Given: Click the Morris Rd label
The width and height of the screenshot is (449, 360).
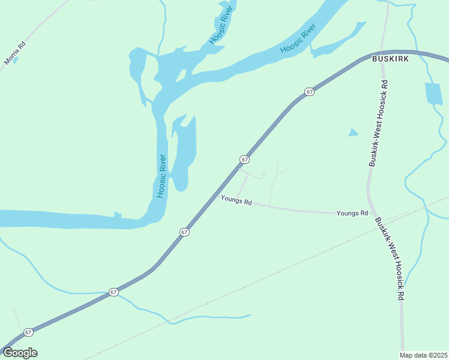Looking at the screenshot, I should pyautogui.click(x=15, y=53).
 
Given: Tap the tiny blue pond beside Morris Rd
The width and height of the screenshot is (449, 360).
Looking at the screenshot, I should pyautogui.click(x=15, y=59).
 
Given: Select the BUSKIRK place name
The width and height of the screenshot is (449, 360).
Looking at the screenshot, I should pyautogui.click(x=391, y=59).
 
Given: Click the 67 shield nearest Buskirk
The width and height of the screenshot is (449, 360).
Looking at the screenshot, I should pyautogui.click(x=309, y=92).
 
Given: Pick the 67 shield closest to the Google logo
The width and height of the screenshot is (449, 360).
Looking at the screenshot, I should pyautogui.click(x=28, y=332).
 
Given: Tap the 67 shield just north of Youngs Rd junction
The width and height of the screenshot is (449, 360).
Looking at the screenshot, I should pyautogui.click(x=244, y=160).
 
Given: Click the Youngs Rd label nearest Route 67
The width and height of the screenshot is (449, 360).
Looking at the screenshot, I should pyautogui.click(x=236, y=200).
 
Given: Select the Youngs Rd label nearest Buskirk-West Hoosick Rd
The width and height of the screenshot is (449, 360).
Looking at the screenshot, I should pyautogui.click(x=352, y=213).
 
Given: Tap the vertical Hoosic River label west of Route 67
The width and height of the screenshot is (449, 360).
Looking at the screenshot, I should pyautogui.click(x=161, y=176).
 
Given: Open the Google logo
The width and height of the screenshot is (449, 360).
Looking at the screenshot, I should pyautogui.click(x=20, y=353).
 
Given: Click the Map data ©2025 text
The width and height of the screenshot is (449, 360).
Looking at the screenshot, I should pyautogui.click(x=424, y=355).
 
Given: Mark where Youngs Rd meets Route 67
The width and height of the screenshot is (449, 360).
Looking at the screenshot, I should pyautogui.click(x=217, y=195).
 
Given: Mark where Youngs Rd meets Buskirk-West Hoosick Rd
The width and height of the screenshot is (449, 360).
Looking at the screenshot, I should pyautogui.click(x=373, y=214).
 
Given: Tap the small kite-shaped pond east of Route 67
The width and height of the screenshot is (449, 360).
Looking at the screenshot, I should pyautogui.click(x=353, y=133).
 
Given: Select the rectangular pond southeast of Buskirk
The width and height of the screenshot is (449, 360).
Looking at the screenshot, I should pyautogui.click(x=434, y=93).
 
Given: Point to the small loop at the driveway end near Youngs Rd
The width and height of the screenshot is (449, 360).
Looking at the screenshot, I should pyautogui.click(x=263, y=175).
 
